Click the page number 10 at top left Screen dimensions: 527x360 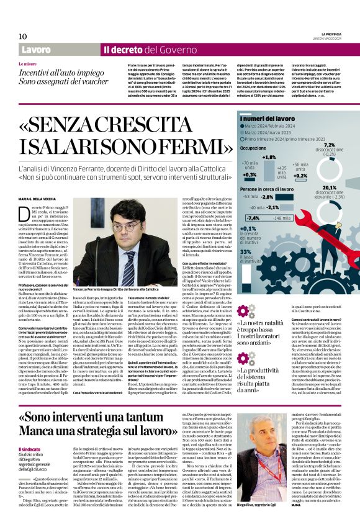(x=22, y=36)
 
